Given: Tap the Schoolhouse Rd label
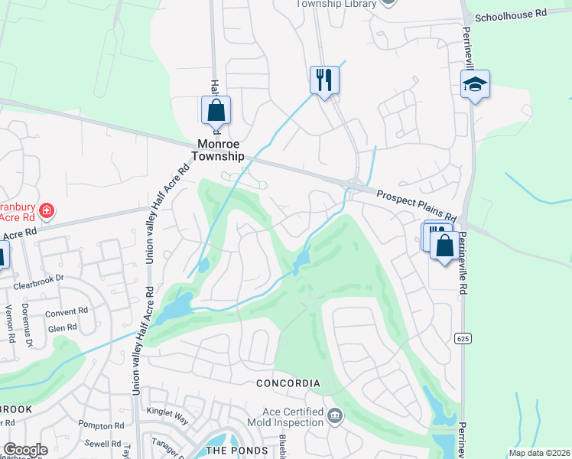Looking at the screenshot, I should pos(511,15).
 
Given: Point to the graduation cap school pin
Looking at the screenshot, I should pos(475,85).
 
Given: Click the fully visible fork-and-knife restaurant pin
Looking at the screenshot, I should pos(323,79).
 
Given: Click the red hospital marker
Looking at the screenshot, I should pos(47,210).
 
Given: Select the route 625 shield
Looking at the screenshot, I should pos(460,337).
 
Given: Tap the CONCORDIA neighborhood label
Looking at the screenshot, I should pos(287,383).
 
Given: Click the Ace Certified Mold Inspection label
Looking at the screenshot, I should pos(283,417).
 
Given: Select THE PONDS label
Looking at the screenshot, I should pos(237,450).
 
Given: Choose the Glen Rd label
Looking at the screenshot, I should pos(62,327).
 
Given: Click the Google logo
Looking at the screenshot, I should pos(25,450).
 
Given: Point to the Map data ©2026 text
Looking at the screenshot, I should pos(540,453).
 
